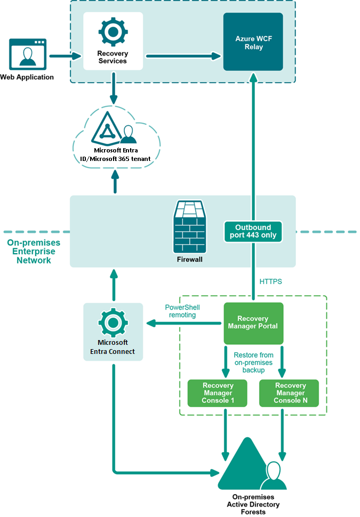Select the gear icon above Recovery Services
click(x=113, y=32)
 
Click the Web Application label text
click(x=27, y=77)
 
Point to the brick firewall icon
click(x=189, y=227)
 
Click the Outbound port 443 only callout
click(x=253, y=230)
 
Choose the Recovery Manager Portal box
click(x=253, y=323)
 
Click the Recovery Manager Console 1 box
click(x=218, y=393)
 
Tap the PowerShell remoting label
click(x=182, y=311)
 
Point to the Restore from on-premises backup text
click(x=254, y=362)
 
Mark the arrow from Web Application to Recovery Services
click(x=64, y=54)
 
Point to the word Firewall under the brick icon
click(x=189, y=260)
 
